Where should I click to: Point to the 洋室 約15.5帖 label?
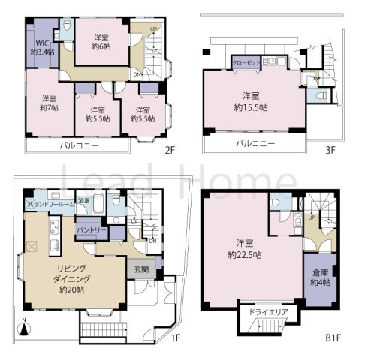pos(250,100)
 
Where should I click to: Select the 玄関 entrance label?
pos(140,269)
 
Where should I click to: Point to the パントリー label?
pos(90,228)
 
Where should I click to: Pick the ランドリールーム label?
pos(49,204)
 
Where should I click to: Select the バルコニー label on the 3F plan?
pos(255,142)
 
